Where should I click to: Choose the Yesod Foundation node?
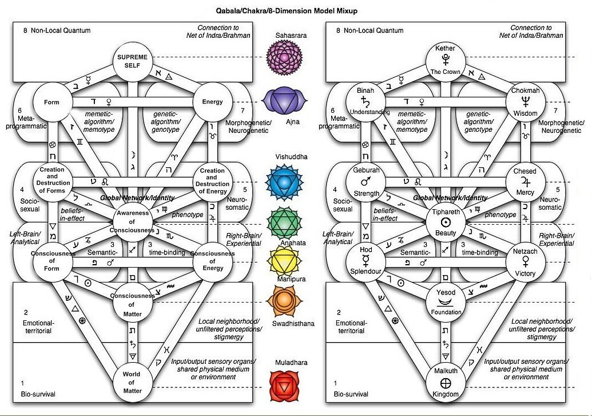(445, 302)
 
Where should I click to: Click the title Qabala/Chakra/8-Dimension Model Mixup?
(296, 11)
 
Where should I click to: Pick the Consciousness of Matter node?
(132, 302)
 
